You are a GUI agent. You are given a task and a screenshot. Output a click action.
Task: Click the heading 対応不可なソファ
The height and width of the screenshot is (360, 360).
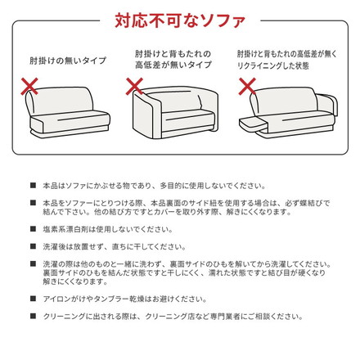(x=179, y=17)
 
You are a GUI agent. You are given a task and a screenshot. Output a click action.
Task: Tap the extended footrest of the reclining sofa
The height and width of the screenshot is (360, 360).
(x=255, y=123)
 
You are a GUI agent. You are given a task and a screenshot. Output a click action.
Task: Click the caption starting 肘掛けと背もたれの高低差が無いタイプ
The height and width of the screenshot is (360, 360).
(x=173, y=58)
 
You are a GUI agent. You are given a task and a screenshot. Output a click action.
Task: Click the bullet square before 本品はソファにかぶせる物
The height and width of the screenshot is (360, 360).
(x=32, y=186)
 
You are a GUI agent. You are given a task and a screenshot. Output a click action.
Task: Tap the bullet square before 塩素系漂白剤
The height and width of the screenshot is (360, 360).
(x=32, y=230)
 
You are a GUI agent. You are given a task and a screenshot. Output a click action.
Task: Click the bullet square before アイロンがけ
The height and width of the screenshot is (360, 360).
(x=32, y=300)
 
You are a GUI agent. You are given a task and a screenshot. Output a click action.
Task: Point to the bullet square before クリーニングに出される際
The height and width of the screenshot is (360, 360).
(x=32, y=317)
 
